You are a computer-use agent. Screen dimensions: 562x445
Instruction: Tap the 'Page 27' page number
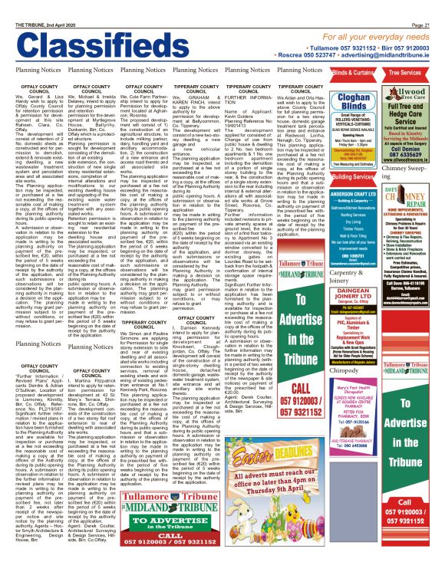point(430,5)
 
